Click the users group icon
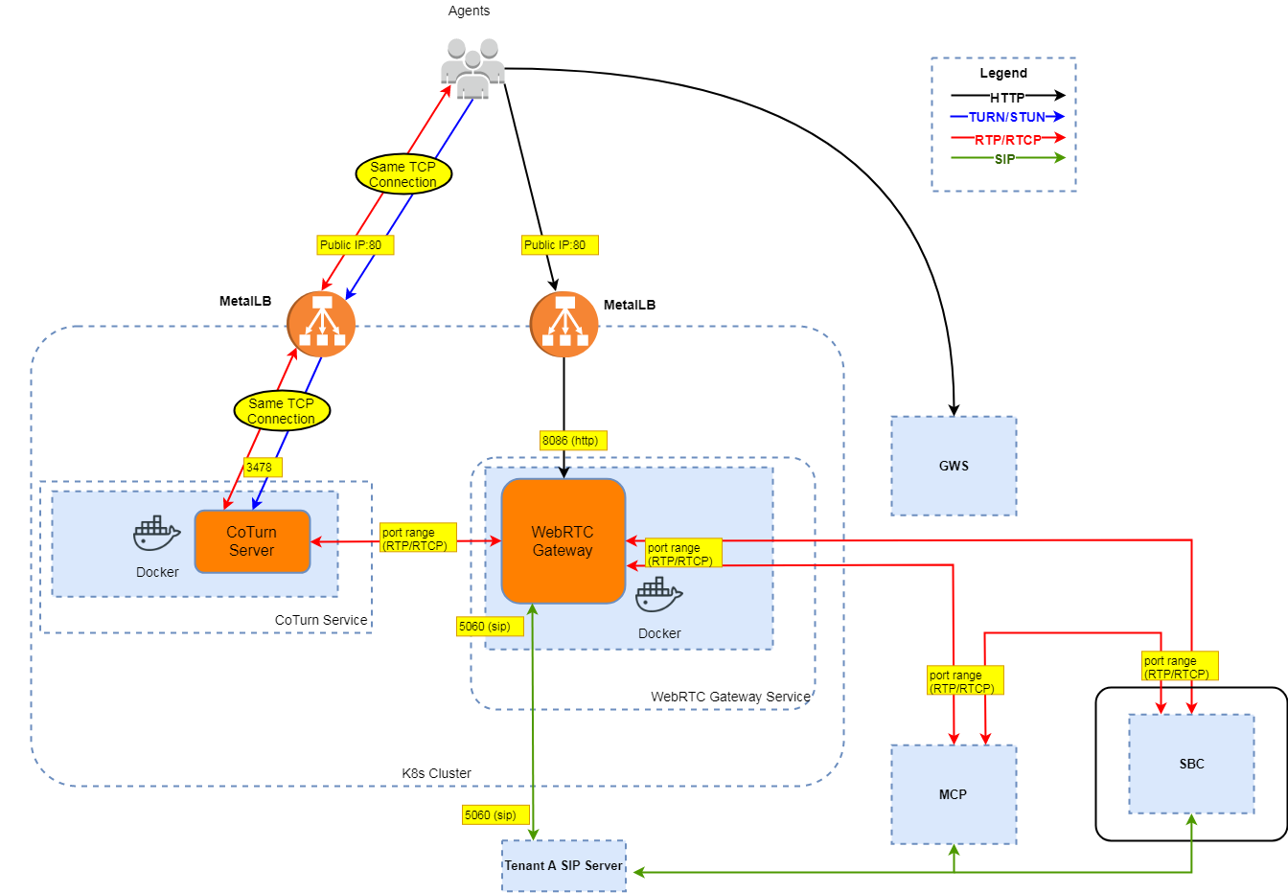472,69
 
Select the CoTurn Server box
252,541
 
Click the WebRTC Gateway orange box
563,541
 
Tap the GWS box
954,466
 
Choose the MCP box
954,794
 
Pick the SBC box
1191,764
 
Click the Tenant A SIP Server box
563,865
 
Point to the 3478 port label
260,468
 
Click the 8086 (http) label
571,441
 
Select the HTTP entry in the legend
1007,97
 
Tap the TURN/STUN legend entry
1007,117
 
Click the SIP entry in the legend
1005,159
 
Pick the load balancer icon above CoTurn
321,324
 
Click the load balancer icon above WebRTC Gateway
563,324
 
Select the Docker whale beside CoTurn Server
156,534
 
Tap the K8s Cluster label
436,773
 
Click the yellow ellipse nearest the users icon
403,174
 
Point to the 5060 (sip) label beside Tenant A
492,815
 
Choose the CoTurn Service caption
321,620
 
